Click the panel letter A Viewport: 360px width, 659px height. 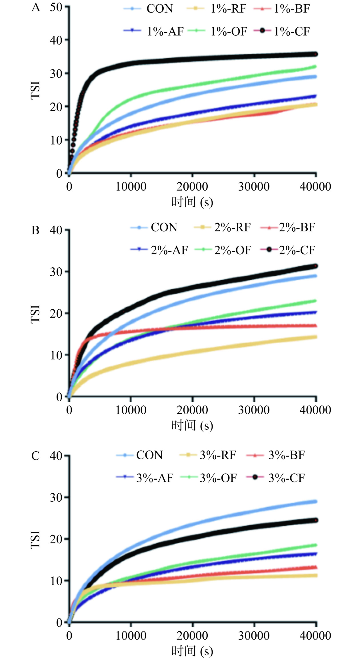point(36,7)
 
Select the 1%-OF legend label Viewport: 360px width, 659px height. point(229,31)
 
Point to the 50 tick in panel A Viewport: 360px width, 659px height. point(56,7)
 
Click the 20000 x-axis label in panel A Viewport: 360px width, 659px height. point(192,187)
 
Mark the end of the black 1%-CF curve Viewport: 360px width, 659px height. point(316,54)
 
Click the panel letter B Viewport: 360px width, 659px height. point(35,230)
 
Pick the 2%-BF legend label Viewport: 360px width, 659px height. point(297,227)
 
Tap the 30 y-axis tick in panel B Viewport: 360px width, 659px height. point(56,272)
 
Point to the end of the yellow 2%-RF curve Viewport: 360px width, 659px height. point(316,337)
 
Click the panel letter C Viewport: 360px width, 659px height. point(35,456)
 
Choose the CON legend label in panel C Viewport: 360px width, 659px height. point(149,455)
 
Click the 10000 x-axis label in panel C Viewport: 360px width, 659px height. point(131,636)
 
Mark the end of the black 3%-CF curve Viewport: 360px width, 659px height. point(316,520)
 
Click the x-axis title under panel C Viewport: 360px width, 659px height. point(192,651)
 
